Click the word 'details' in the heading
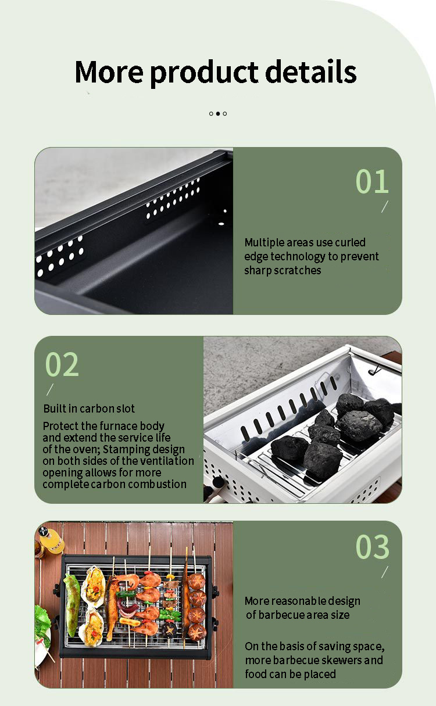311,71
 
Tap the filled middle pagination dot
218,113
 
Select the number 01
372,181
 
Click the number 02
62,364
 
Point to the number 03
372,547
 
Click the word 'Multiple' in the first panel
265,242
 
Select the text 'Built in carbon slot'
89,408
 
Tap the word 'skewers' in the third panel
342,660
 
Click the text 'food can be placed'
290,674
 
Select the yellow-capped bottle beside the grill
52,540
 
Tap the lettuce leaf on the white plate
42,622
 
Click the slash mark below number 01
384,207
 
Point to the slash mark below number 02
50,389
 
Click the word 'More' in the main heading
109,71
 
